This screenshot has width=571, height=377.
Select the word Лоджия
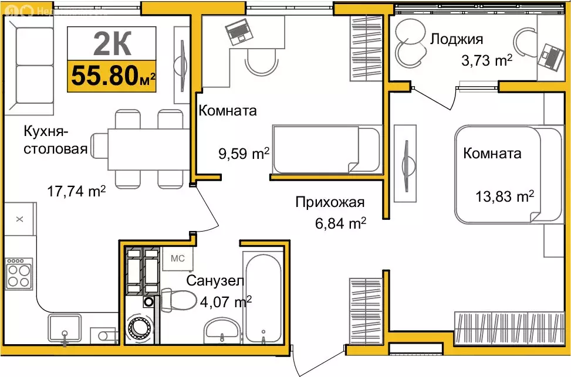click(x=456, y=39)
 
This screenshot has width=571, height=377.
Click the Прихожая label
click(x=330, y=203)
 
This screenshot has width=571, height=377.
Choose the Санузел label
click(x=215, y=281)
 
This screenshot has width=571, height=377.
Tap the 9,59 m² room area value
click(x=243, y=154)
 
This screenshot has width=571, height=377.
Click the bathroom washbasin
click(x=222, y=331)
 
